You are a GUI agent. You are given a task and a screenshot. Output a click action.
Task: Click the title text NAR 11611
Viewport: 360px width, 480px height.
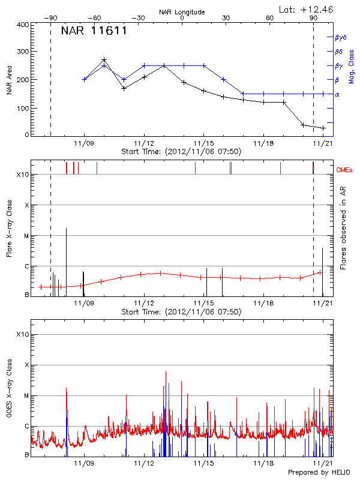click(x=94, y=31)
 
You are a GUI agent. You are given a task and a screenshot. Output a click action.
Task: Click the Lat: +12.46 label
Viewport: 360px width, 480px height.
click(x=307, y=9)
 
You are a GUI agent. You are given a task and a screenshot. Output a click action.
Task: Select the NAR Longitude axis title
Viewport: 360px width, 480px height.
click(x=182, y=12)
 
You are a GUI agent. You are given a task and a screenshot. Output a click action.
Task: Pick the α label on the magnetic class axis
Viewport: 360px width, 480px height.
click(x=337, y=94)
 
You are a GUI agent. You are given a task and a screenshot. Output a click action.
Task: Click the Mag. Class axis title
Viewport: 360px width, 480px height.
click(x=352, y=66)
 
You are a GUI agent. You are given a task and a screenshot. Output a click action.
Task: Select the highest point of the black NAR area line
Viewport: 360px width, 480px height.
click(x=104, y=60)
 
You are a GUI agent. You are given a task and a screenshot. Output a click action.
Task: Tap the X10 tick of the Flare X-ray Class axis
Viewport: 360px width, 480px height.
click(x=22, y=175)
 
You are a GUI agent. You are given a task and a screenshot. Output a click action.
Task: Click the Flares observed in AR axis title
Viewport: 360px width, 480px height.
click(x=343, y=228)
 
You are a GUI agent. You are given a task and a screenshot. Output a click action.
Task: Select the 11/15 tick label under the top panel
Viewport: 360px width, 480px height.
click(x=203, y=143)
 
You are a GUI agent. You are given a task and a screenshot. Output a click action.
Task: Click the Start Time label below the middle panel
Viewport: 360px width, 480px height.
click(x=181, y=312)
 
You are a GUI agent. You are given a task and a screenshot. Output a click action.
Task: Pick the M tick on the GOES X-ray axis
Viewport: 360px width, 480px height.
click(x=26, y=396)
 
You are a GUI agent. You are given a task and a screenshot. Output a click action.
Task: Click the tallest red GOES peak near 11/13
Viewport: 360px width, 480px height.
click(x=164, y=371)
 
